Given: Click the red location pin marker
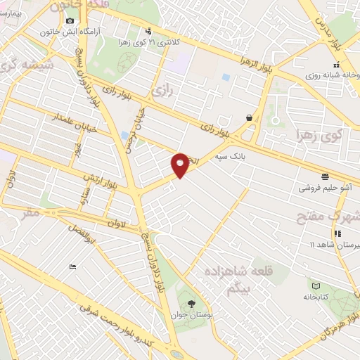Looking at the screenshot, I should click(x=181, y=165).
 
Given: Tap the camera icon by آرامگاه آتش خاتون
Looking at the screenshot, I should click(x=70, y=20).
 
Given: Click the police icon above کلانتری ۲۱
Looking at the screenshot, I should click(x=148, y=30).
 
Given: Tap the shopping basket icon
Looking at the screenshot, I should click(x=249, y=118).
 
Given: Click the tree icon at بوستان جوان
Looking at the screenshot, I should click(x=191, y=304).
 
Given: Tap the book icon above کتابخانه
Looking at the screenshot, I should click(x=315, y=285).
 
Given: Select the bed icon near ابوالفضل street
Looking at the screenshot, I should click(x=72, y=266).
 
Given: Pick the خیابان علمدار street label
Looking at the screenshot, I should click(x=75, y=127).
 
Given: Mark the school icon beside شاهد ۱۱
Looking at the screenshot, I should click(x=337, y=233).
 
